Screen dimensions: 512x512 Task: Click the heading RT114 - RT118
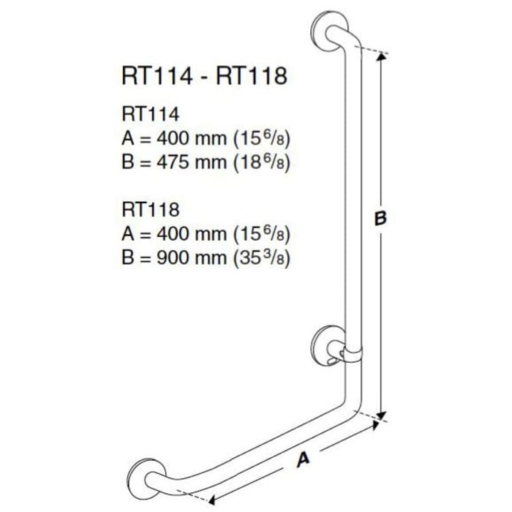pyautogui.click(x=203, y=76)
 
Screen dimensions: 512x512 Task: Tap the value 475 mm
pyautogui.click(x=185, y=162)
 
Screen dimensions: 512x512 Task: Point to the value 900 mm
pyautogui.click(x=185, y=258)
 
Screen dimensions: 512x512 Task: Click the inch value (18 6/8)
pyautogui.click(x=260, y=162)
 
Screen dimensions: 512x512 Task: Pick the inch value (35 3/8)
pyautogui.click(x=260, y=258)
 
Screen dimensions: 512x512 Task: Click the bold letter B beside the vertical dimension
pyautogui.click(x=379, y=218)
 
